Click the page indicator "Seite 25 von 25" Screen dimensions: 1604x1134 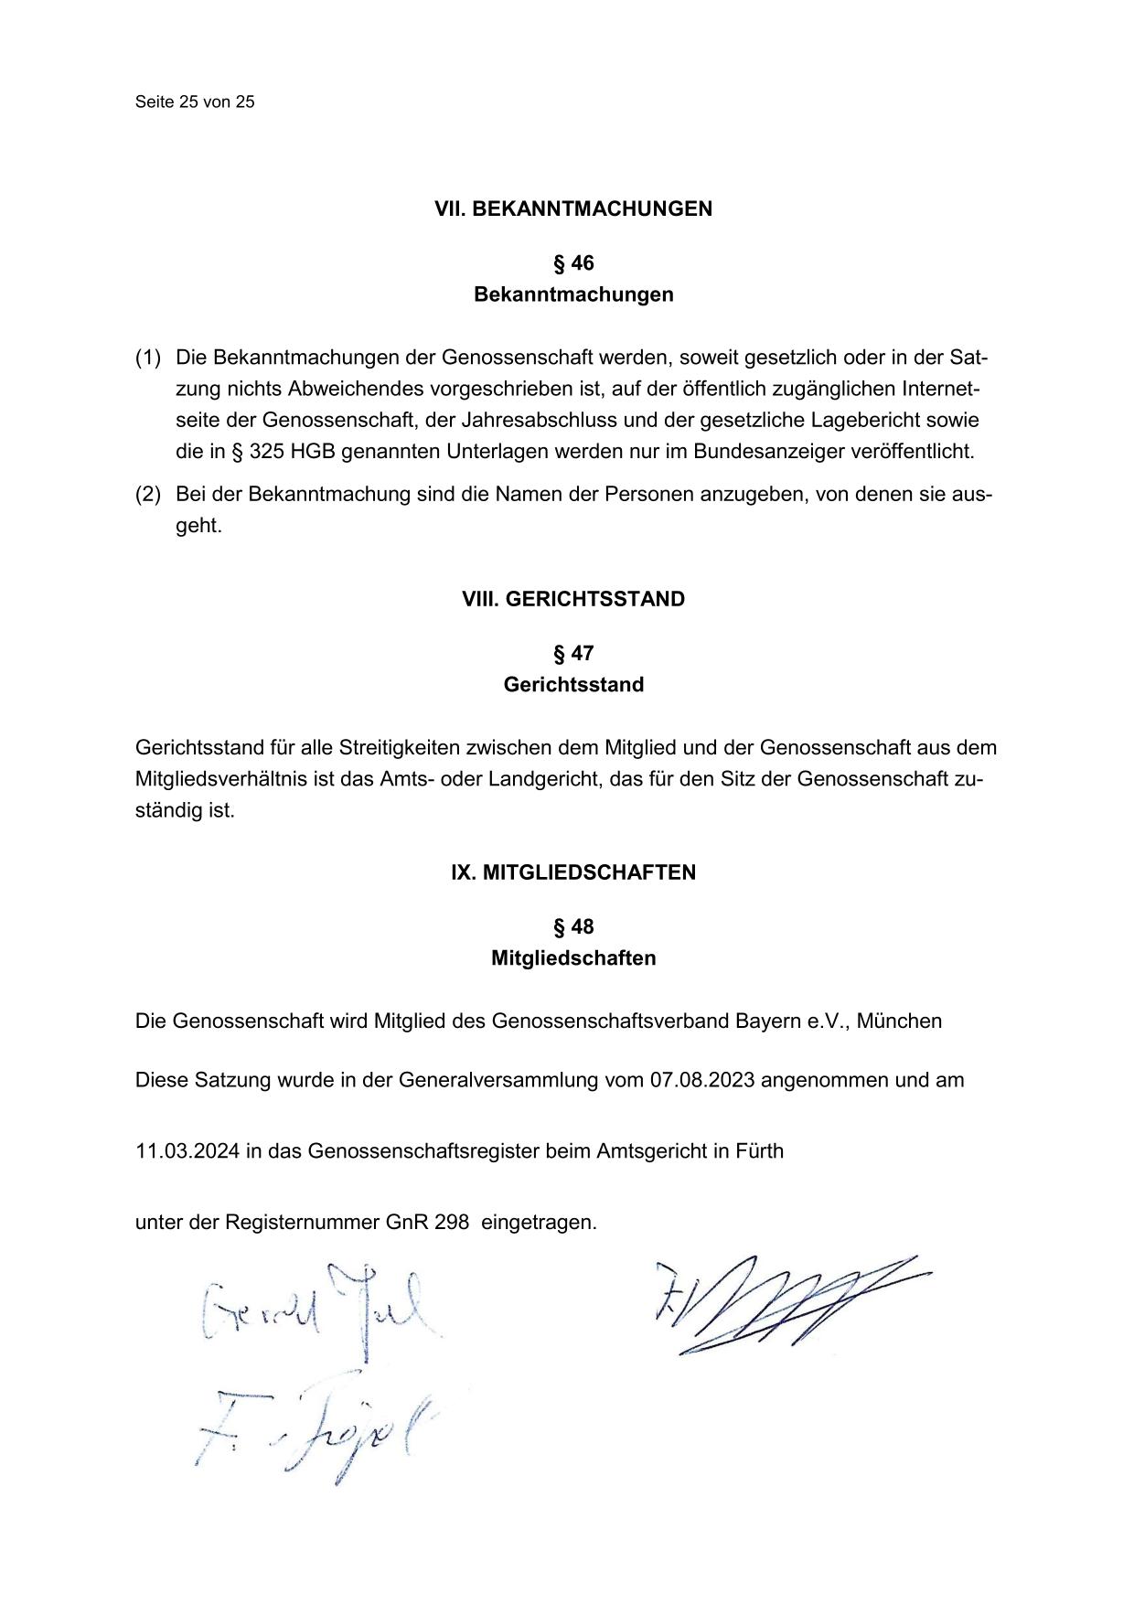point(195,102)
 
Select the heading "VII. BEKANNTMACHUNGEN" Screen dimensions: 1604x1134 point(573,209)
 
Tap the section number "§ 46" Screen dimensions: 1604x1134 point(573,263)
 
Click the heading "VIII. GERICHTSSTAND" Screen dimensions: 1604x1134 point(573,599)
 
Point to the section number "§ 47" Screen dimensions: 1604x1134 point(573,653)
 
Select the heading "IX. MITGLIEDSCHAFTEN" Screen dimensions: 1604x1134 point(573,872)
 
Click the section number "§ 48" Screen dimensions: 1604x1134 point(573,927)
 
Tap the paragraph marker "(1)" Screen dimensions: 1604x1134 point(148,357)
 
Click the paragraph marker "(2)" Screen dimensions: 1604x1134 point(148,495)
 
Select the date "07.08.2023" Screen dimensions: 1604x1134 point(702,1080)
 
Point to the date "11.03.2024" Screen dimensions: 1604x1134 point(187,1150)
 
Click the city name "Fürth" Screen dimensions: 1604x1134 point(759,1150)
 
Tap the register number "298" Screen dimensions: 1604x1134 point(452,1222)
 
